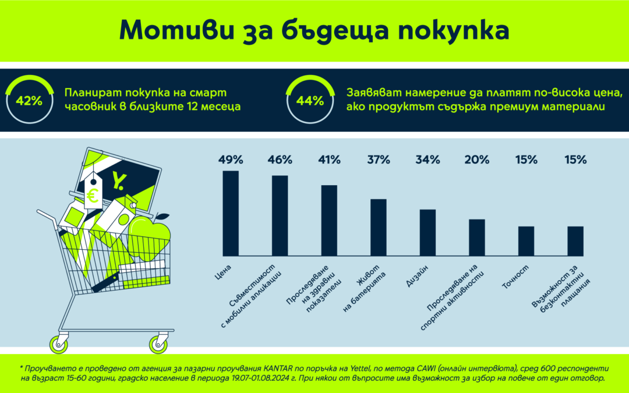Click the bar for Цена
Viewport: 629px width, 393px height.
231,213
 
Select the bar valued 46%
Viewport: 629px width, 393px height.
280,215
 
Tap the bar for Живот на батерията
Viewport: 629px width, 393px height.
379,227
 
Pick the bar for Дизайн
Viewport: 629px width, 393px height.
427,232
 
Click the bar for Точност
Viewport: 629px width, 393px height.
526,241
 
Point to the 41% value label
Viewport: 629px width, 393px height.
329,160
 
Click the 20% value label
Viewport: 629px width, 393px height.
476,160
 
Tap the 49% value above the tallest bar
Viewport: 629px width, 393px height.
231,160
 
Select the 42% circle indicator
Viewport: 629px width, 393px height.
30,101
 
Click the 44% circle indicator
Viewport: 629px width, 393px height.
310,101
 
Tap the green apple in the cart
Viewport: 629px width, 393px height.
150,236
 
